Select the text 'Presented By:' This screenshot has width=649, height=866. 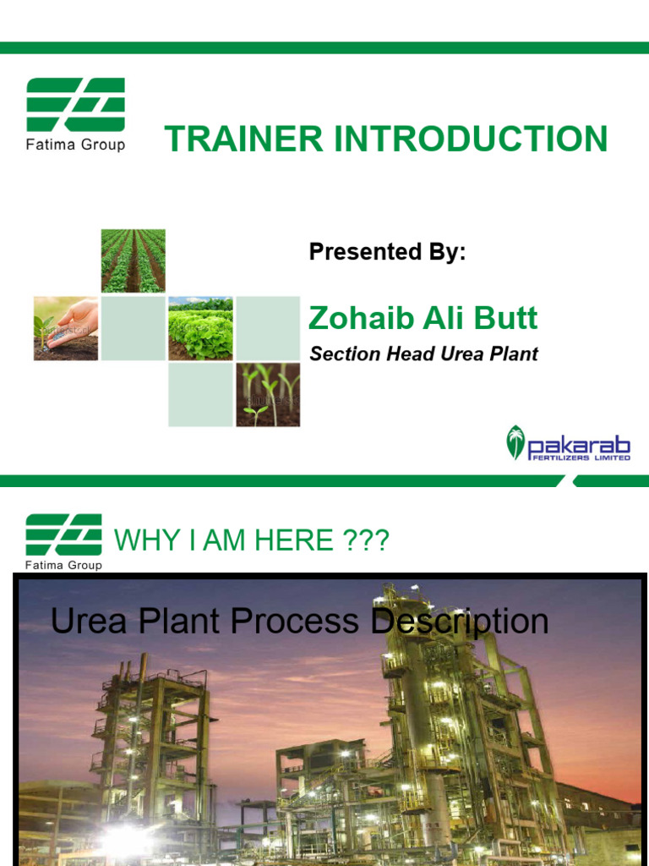[387, 252]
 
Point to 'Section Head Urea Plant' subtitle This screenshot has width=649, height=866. [423, 354]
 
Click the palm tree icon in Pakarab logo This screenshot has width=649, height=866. [515, 442]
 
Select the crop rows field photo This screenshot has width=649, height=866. [134, 260]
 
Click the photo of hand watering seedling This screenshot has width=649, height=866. [66, 328]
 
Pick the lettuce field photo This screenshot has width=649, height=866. [200, 328]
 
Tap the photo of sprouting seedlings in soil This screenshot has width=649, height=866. [267, 395]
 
